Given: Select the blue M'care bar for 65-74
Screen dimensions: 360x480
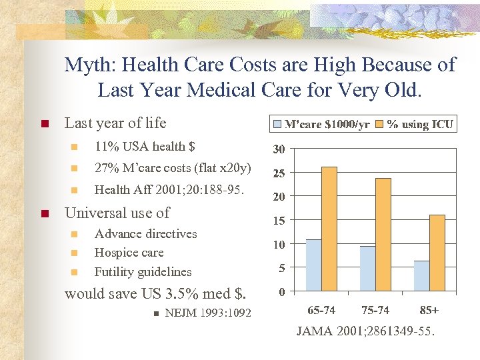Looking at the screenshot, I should pyautogui.click(x=313, y=265).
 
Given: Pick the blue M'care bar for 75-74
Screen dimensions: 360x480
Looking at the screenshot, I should pyautogui.click(x=367, y=269).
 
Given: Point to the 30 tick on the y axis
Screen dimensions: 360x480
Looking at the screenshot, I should pyautogui.click(x=280, y=149).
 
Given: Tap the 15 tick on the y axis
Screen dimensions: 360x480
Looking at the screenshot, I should pyautogui.click(x=280, y=221).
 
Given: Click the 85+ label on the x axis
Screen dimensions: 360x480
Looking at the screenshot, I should pyautogui.click(x=429, y=310).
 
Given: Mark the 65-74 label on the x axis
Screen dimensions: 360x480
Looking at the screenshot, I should pyautogui.click(x=322, y=310).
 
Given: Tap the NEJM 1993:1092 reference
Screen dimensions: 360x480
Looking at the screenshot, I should pyautogui.click(x=208, y=313).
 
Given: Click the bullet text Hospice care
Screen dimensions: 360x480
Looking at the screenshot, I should pyautogui.click(x=129, y=253).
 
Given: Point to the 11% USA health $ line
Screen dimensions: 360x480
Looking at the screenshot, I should pyautogui.click(x=145, y=146).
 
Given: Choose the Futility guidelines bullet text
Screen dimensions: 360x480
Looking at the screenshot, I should pyautogui.click(x=143, y=271).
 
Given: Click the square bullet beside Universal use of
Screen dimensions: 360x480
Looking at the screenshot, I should pyautogui.click(x=45, y=214).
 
